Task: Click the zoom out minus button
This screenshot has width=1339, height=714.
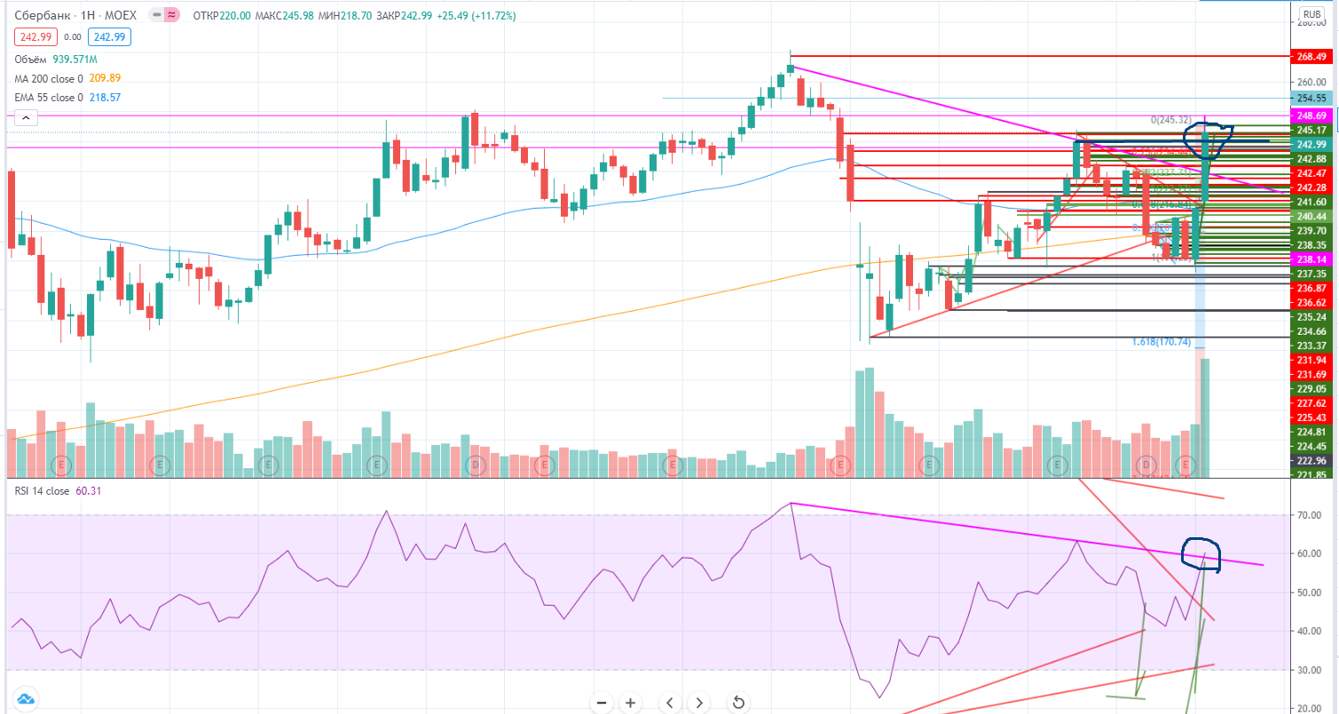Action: (602, 702)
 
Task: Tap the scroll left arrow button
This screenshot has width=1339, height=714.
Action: (670, 702)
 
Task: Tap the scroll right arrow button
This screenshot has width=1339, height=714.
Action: (699, 702)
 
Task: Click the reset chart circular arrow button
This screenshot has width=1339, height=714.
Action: (738, 702)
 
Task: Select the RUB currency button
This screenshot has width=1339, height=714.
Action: (1311, 14)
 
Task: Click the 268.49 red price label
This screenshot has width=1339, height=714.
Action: (1311, 56)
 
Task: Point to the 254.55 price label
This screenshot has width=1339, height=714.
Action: (1311, 98)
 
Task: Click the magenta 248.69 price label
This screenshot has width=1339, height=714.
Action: (1311, 115)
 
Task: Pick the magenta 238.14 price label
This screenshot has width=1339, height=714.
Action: (1311, 259)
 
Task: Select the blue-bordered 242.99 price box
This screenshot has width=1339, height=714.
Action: (112, 36)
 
